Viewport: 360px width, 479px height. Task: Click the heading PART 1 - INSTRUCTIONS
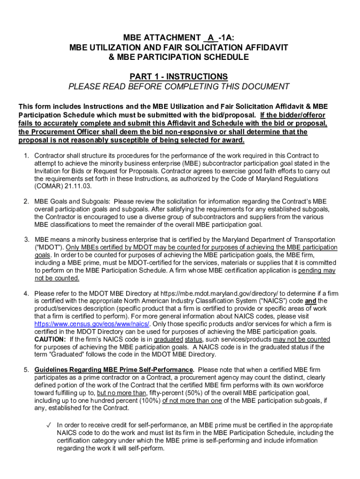[x=179, y=76]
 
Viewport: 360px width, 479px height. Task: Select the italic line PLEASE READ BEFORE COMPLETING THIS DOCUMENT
[x=179, y=87]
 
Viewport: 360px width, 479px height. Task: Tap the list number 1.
[x=26, y=155]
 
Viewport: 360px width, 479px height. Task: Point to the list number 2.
[x=26, y=201]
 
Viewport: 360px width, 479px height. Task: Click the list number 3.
[x=26, y=239]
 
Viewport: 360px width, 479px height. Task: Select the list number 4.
[x=26, y=293]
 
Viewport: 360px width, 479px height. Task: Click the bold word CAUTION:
[x=50, y=339]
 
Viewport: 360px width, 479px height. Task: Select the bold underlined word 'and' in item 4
[x=310, y=301]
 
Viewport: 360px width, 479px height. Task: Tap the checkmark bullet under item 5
[x=48, y=425]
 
